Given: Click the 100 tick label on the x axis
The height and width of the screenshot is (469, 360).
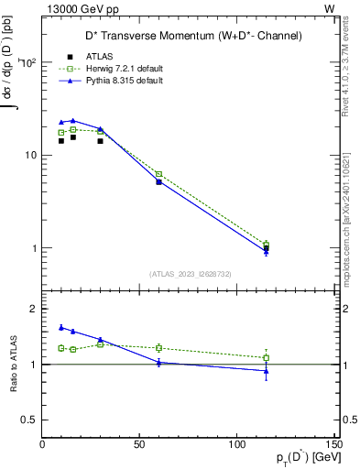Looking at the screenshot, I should click(237, 444).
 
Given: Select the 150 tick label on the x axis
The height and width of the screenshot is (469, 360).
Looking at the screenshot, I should click(334, 444).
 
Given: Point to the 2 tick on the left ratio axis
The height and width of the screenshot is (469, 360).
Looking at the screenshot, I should click(35, 310).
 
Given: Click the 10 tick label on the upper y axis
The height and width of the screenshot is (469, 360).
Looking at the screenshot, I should click(29, 156).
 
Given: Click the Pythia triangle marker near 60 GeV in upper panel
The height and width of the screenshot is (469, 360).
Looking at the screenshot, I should click(158, 181).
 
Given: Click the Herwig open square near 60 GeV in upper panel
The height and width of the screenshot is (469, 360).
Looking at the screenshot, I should click(158, 174).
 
